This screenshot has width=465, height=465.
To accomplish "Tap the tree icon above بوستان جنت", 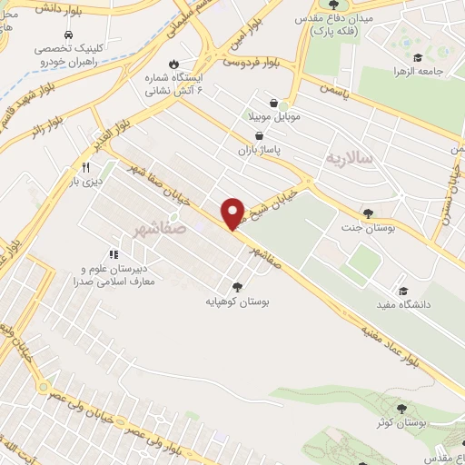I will [x=368, y=213].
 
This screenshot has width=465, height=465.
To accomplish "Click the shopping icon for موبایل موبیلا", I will [x=273, y=104].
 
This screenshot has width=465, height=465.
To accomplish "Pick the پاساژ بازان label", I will [x=257, y=149].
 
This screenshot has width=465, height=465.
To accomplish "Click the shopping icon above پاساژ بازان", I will [x=259, y=135].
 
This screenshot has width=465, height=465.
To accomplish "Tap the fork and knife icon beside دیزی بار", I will [x=86, y=167].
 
